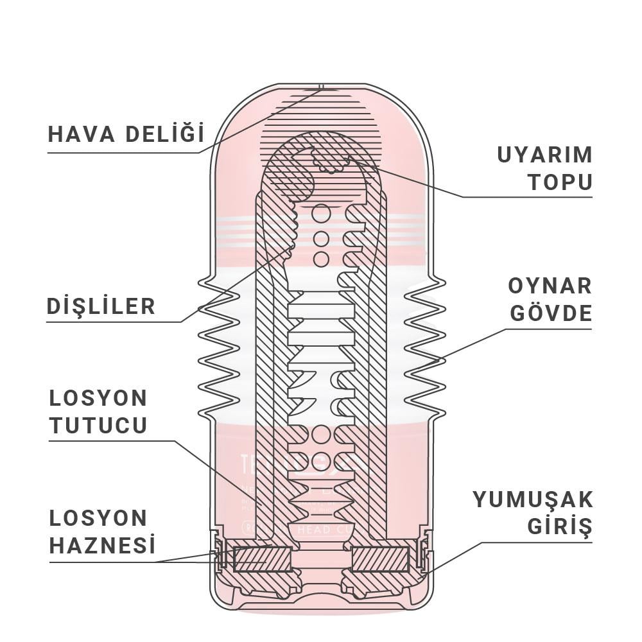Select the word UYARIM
tap(544, 155)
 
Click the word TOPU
tap(560, 182)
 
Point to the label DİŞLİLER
tap(101, 306)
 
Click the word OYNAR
tap(550, 286)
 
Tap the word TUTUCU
tap(98, 425)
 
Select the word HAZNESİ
tap(103, 546)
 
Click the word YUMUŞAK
tap(533, 499)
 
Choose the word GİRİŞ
tap(559, 527)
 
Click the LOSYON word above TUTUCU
tap(98, 397)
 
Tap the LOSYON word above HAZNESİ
tap(98, 518)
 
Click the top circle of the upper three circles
tap(321, 214)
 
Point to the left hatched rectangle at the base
tap(261, 559)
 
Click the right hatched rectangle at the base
tap(380, 559)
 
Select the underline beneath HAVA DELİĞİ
tap(122, 153)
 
